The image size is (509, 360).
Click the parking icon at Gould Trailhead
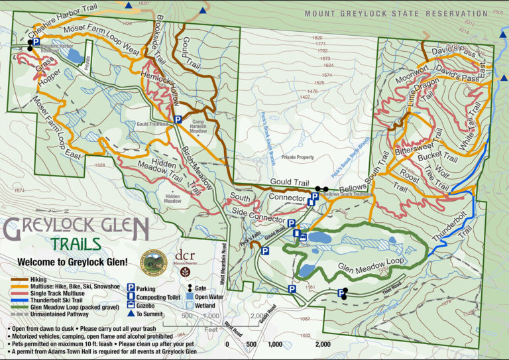(x=178, y=119)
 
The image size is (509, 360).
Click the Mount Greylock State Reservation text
(x=396, y=13)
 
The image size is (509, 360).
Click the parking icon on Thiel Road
(x=342, y=292)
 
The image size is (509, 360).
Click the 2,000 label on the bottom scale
(x=323, y=344)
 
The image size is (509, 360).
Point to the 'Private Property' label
(x=297, y=157)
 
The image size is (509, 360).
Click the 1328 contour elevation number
(x=100, y=165)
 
